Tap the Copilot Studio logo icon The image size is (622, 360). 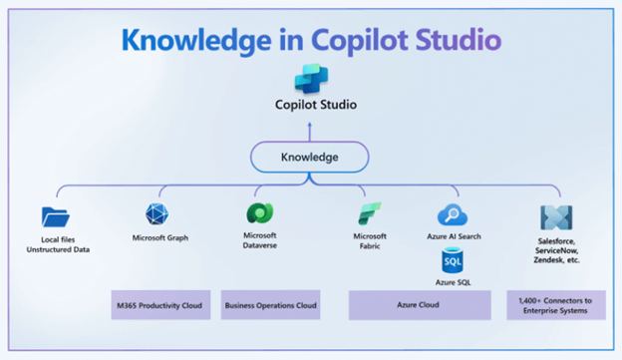click(310, 78)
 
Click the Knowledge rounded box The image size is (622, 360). click(310, 157)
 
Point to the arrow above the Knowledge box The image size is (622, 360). click(310, 127)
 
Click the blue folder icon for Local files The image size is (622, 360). click(56, 216)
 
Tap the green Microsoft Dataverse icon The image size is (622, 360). click(258, 213)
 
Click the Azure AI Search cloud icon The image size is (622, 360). click(454, 214)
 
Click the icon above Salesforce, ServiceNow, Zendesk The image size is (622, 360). click(556, 217)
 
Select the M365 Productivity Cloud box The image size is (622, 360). click(159, 305)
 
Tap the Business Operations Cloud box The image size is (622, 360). click(271, 305)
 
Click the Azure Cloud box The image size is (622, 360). click(419, 305)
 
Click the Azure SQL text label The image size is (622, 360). click(455, 284)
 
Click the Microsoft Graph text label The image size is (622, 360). click(159, 238)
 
